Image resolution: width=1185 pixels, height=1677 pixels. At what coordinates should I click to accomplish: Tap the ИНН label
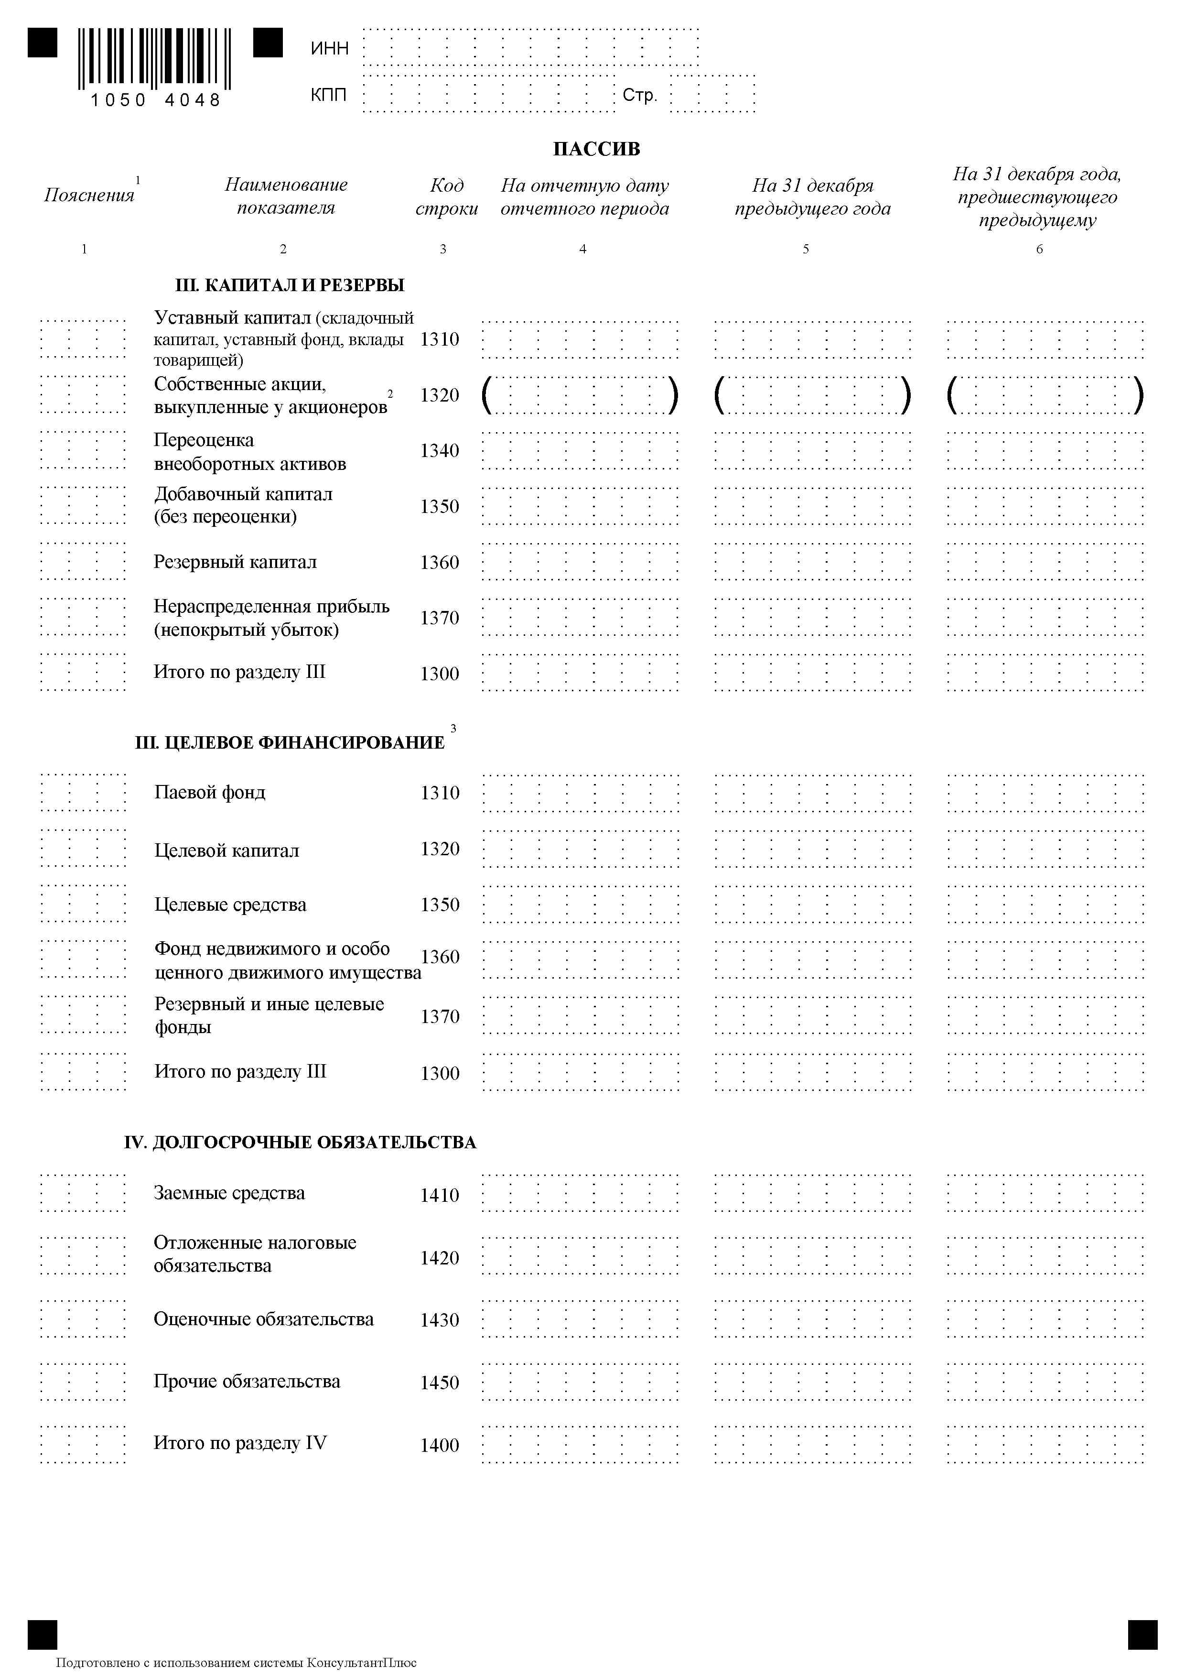click(x=329, y=48)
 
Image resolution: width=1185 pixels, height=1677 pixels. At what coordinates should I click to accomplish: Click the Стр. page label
click(x=640, y=95)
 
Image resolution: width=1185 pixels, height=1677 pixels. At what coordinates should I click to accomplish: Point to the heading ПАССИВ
click(x=596, y=149)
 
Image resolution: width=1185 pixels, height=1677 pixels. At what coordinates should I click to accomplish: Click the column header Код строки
click(x=446, y=196)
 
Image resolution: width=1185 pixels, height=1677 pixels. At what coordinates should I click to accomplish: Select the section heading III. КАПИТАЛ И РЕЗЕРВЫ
click(x=290, y=285)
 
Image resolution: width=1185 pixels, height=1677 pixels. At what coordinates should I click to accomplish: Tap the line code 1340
click(x=440, y=451)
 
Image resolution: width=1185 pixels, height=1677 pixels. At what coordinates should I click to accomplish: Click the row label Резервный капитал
click(x=235, y=562)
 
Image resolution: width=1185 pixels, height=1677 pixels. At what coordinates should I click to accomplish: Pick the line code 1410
click(x=440, y=1195)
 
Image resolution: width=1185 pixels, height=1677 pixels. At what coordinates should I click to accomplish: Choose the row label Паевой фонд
click(x=210, y=793)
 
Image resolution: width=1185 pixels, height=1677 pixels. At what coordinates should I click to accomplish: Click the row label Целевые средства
click(x=230, y=904)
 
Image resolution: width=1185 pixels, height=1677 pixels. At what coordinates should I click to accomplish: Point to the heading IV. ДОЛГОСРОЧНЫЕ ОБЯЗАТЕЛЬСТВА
click(x=300, y=1143)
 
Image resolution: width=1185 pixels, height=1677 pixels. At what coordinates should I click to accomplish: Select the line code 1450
click(x=440, y=1382)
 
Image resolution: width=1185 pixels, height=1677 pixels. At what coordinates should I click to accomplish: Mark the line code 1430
click(x=440, y=1320)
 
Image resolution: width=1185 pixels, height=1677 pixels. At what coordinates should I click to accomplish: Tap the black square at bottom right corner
click(x=1142, y=1634)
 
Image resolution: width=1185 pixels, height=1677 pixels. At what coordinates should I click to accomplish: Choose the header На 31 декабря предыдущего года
click(x=813, y=196)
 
